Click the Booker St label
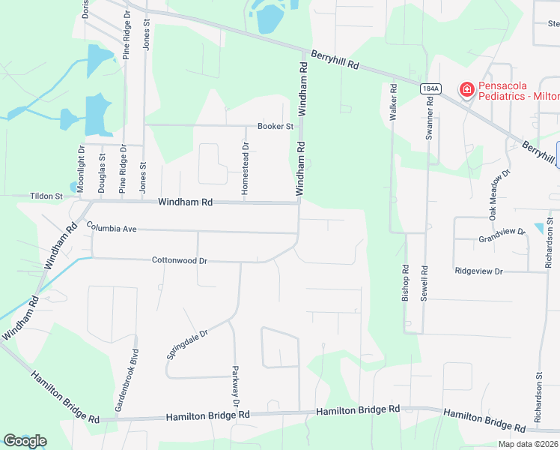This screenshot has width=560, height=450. [x=276, y=126]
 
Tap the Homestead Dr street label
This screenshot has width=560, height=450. [x=245, y=169]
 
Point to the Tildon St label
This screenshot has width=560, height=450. [x=46, y=196]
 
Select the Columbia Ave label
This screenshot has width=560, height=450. [x=111, y=226]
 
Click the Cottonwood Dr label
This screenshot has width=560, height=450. [x=179, y=260]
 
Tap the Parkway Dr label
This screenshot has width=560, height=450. [x=236, y=387]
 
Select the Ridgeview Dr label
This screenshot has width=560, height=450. [x=478, y=270]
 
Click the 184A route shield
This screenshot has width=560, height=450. [x=430, y=88]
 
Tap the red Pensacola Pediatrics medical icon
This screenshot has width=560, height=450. [x=467, y=90]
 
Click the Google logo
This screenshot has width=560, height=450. [x=25, y=441]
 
